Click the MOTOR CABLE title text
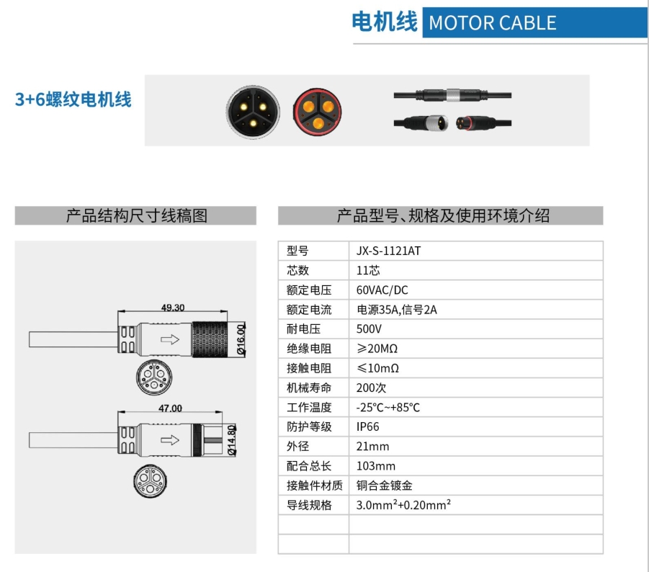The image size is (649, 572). point(492,23)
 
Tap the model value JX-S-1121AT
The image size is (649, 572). point(388,251)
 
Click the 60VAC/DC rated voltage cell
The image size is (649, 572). point(382,290)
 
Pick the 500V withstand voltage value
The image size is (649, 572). point(369,329)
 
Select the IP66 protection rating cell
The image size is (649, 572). point(368,426)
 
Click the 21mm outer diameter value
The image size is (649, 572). point(372,446)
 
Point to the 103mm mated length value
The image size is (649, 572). point(375,465)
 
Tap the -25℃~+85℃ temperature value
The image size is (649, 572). point(388,407)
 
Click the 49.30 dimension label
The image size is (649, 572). point(172,308)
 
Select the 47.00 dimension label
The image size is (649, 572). point(170,408)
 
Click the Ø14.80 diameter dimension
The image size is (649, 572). point(232,439)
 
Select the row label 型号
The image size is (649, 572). point(297,251)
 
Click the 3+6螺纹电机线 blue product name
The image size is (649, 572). point(73,99)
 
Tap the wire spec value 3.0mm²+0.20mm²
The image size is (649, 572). point(403,504)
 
